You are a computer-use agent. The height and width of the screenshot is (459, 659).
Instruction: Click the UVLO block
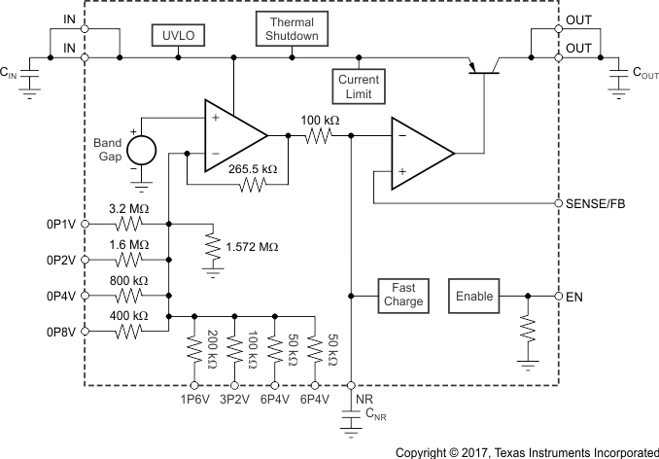click(x=177, y=35)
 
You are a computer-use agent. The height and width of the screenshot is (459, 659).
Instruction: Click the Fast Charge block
click(x=402, y=295)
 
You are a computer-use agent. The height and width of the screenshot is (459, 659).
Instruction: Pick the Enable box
click(x=474, y=296)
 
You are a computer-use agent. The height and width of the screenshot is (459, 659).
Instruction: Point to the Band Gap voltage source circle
click(x=141, y=151)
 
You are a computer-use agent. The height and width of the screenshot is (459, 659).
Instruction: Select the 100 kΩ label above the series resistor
click(x=319, y=119)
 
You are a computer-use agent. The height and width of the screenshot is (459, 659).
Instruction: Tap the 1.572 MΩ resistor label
click(x=253, y=247)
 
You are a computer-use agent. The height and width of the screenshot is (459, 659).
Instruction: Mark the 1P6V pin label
click(x=194, y=398)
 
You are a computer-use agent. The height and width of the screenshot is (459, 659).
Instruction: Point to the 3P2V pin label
click(x=234, y=398)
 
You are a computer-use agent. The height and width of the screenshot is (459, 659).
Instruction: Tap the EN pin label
click(x=573, y=296)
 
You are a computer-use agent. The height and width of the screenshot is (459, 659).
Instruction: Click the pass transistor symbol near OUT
click(x=481, y=66)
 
